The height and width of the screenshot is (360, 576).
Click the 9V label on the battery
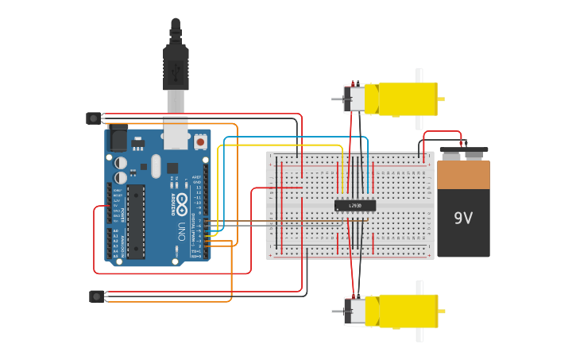pyautogui.click(x=463, y=217)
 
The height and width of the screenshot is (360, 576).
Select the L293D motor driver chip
pyautogui.click(x=354, y=205)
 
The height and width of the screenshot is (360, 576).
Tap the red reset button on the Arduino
pyautogui.click(x=200, y=142)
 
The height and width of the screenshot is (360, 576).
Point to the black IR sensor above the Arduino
pyautogui.click(x=94, y=118)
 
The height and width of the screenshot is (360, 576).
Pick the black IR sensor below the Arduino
pyautogui.click(x=96, y=296)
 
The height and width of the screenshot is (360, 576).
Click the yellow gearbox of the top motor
pyautogui.click(x=407, y=99)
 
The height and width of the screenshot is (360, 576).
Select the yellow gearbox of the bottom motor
pyautogui.click(x=408, y=311)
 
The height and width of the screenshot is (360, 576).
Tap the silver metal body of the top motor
pyautogui.click(x=356, y=99)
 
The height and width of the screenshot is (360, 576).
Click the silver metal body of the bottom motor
pyautogui.click(x=356, y=312)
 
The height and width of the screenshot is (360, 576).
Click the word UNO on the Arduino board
pyautogui.click(x=181, y=231)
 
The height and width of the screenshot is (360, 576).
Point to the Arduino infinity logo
pyautogui.click(x=182, y=202)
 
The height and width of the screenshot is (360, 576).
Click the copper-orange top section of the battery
pyautogui.click(x=463, y=174)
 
